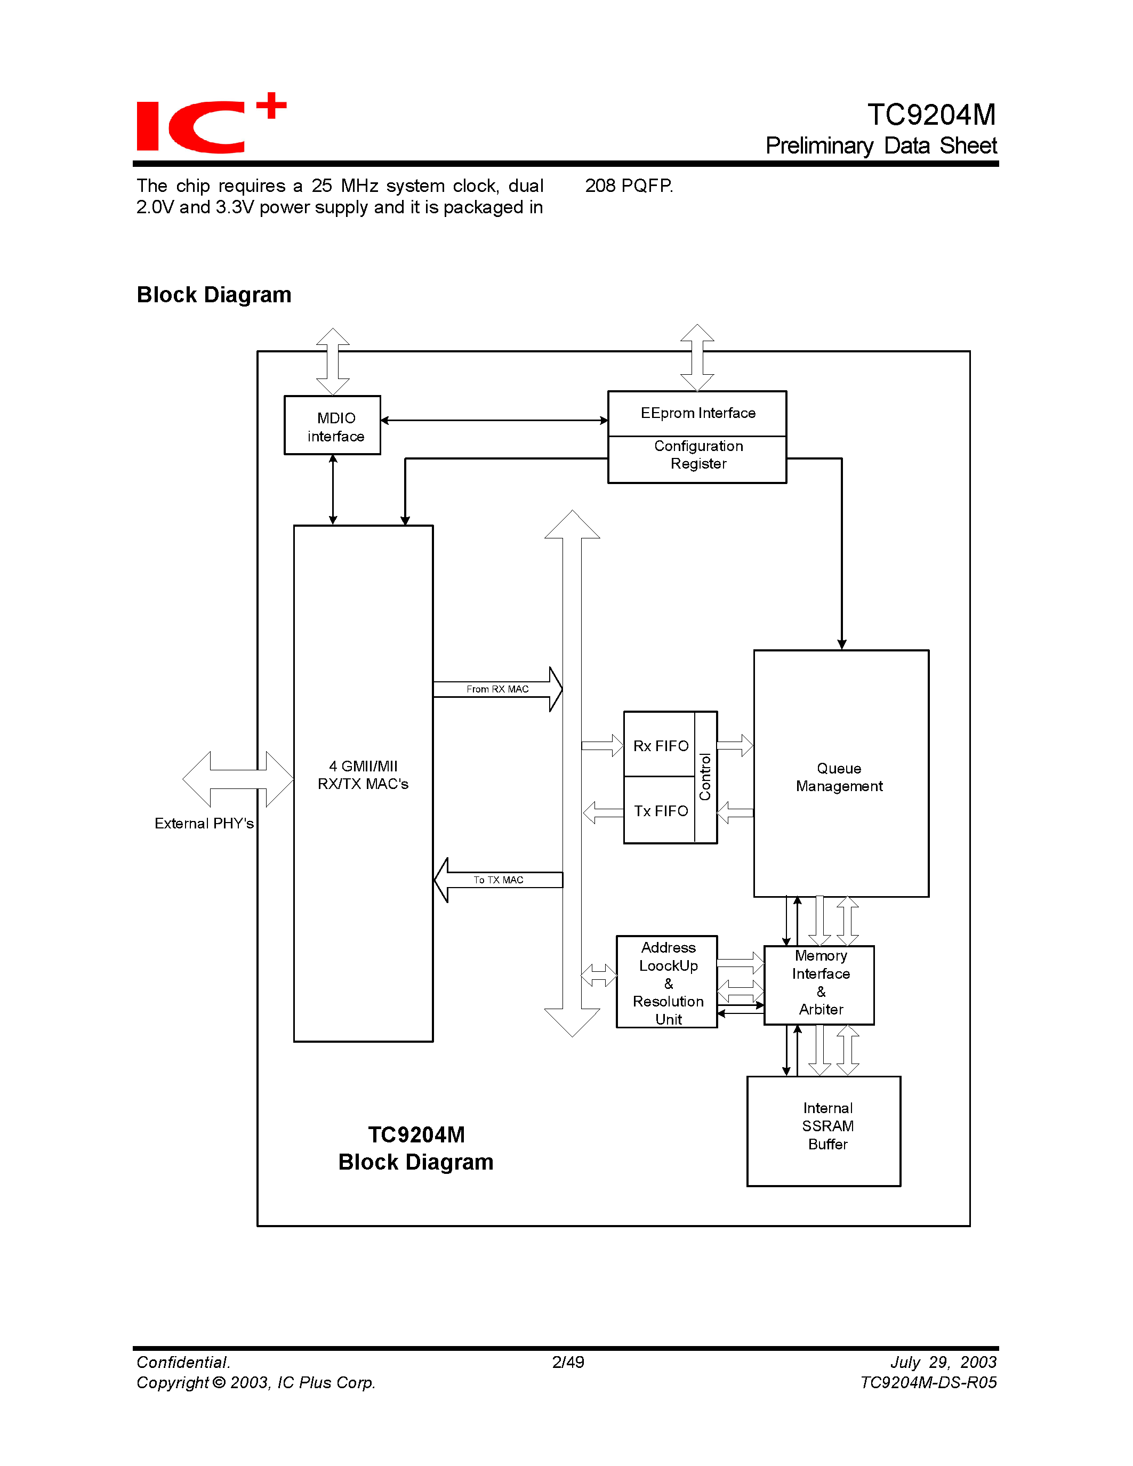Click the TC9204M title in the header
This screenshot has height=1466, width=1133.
pos(931,115)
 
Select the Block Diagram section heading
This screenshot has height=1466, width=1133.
pos(213,295)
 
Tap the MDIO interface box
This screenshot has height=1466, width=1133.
pos(333,425)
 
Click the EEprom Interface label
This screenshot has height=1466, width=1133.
pos(697,413)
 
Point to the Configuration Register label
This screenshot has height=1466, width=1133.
pos(698,455)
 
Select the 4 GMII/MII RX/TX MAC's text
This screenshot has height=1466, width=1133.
pos(363,775)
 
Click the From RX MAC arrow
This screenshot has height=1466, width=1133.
pos(497,689)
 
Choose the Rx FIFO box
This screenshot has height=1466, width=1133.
pos(660,745)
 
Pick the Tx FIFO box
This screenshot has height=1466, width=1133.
pos(660,811)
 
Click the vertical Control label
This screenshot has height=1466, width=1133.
pos(705,777)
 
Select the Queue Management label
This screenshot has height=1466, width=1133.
pos(839,777)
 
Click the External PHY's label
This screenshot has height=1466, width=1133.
pos(204,824)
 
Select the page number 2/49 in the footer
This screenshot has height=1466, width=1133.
pos(568,1362)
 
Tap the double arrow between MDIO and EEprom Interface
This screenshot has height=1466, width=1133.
pos(494,421)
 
